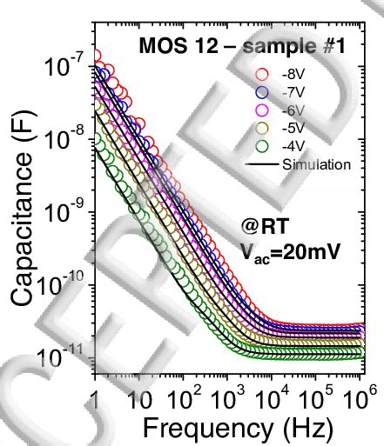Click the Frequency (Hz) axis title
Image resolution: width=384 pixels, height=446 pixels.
(231, 428)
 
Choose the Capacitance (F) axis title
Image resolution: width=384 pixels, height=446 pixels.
(23, 209)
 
